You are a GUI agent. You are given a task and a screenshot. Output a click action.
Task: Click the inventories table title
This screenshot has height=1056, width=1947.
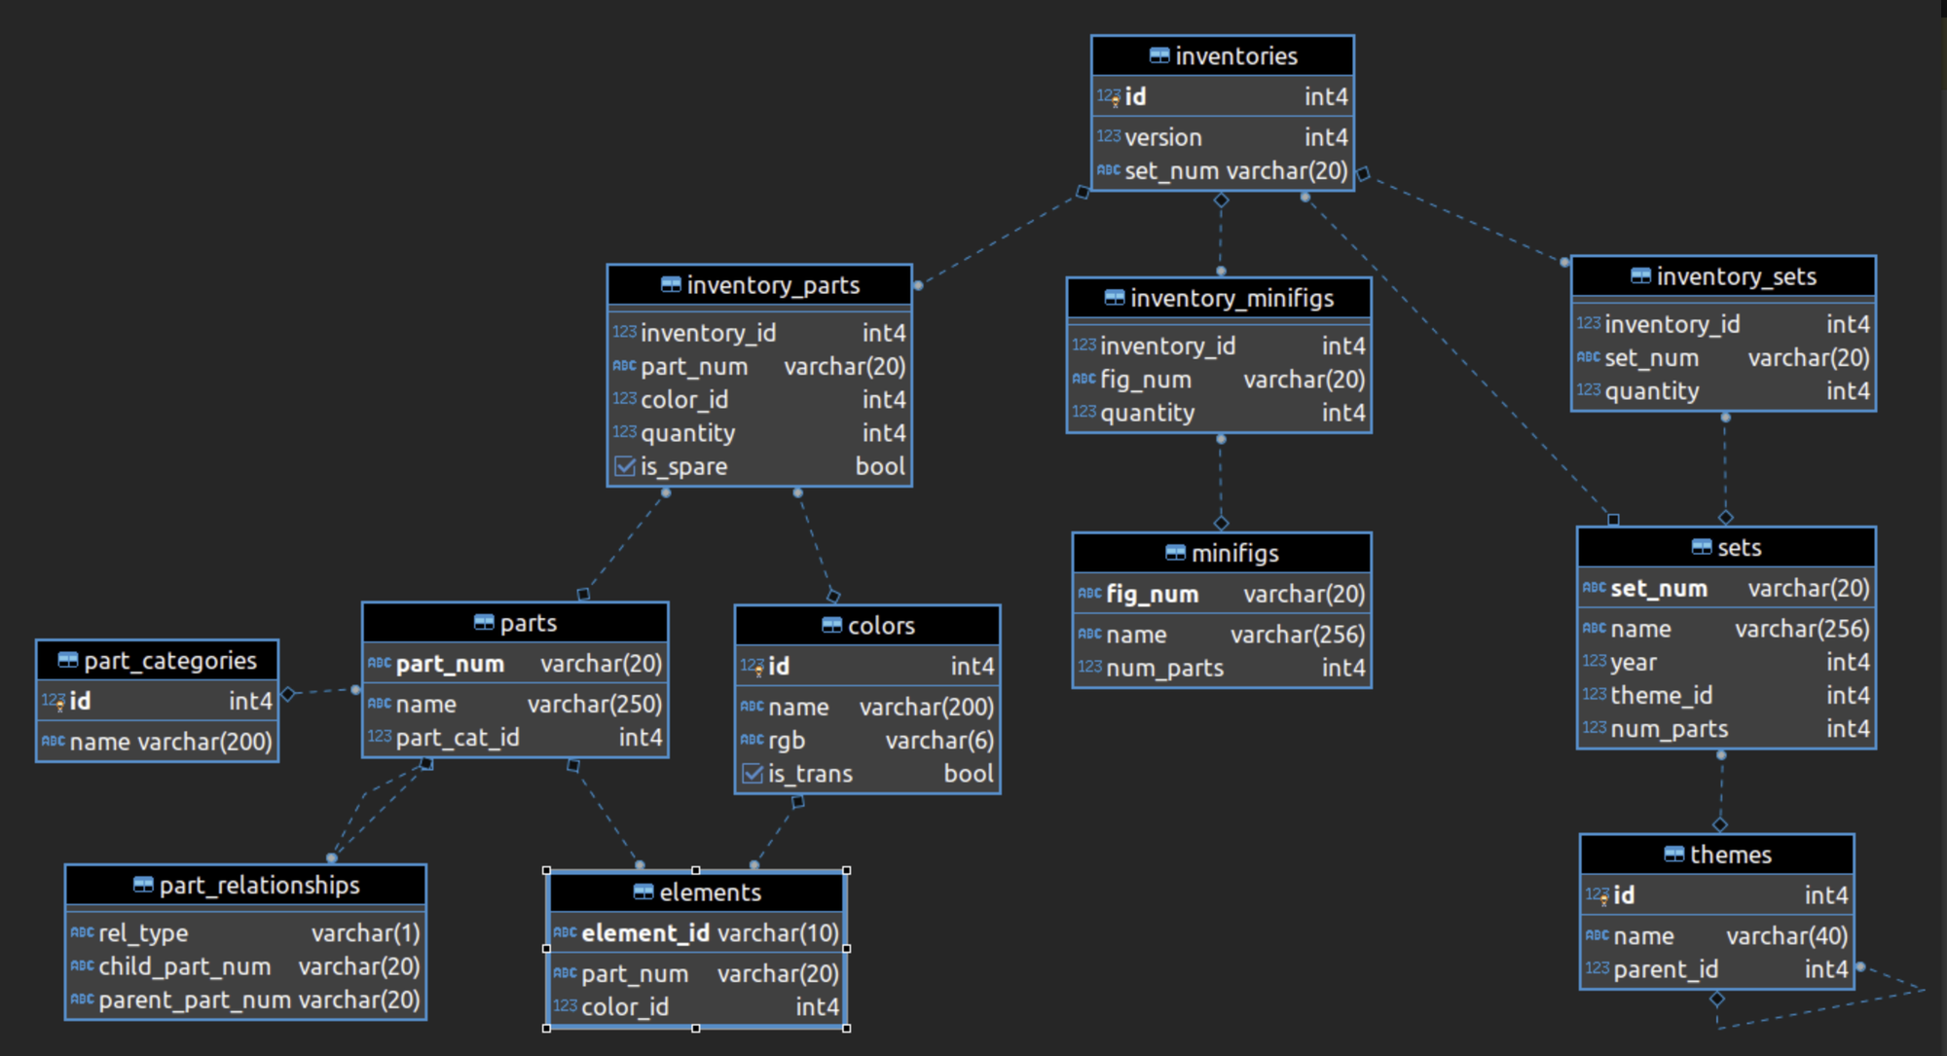coord(1236,56)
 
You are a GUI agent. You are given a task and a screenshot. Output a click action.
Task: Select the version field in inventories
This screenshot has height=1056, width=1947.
coord(1163,137)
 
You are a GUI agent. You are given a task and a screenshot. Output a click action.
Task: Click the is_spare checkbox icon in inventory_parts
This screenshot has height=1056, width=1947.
coord(625,467)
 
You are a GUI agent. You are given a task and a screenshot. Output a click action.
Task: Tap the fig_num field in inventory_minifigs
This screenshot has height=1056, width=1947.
coord(1146,380)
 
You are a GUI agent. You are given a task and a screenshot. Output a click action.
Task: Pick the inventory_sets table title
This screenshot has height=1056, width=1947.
coord(1737,277)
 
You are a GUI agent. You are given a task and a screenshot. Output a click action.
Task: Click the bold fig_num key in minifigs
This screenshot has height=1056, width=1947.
coord(1153,595)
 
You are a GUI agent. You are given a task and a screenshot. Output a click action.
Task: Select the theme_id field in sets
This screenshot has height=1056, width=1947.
coord(1662,696)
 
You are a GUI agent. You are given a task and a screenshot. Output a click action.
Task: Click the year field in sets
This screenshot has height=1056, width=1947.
coord(1634,663)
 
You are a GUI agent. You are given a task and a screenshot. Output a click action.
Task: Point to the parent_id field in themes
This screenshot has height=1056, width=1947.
coord(1666,970)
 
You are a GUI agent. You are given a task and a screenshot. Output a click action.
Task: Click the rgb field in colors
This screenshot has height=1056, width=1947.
coord(787,742)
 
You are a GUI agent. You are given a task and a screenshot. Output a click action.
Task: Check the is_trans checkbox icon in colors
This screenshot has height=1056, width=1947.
coord(753,775)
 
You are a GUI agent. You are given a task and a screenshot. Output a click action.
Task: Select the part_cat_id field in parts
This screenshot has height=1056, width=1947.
coord(458,739)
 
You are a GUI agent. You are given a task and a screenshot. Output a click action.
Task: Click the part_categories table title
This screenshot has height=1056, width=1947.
coord(170,662)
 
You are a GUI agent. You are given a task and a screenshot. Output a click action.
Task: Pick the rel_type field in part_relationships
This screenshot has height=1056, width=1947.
coord(143,934)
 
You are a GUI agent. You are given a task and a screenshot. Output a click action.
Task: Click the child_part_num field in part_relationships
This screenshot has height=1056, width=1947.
coord(185,967)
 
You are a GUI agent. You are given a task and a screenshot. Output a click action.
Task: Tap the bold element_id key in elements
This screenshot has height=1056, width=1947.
coord(645,934)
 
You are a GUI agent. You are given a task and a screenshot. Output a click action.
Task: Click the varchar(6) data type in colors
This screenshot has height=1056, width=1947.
coord(939,742)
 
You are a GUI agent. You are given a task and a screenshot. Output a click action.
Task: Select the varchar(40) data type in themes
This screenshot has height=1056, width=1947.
coord(1787,937)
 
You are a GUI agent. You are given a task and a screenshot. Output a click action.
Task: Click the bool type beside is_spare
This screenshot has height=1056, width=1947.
coord(880,467)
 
